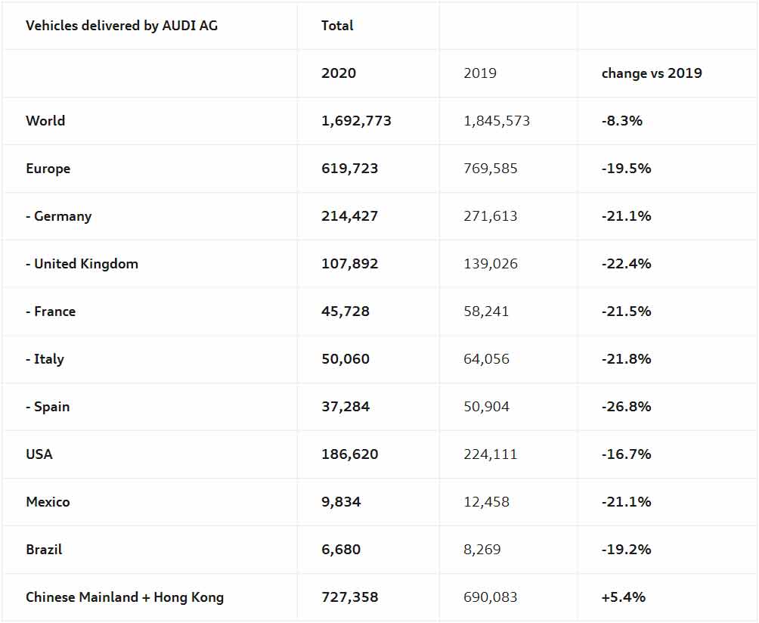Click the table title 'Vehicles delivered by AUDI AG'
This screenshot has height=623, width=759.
point(122,26)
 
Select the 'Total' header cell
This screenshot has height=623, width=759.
point(337,26)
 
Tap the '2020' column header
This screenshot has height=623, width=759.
point(339,73)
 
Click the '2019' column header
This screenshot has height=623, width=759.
point(480,73)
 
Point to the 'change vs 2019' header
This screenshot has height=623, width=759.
point(652,73)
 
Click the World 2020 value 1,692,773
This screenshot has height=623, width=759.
point(356,121)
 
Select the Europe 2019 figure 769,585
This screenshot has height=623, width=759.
point(491,169)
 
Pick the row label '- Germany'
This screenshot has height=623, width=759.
point(58,216)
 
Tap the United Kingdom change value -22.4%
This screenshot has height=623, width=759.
point(626,264)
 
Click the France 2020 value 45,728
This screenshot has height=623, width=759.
point(345,311)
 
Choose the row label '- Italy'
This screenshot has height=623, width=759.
point(45,359)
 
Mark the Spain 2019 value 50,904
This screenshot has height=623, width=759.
point(486,407)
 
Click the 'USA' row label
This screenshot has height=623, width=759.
point(39,454)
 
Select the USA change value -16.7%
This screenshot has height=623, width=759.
point(626,454)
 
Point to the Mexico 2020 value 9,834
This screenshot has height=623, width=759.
point(341,502)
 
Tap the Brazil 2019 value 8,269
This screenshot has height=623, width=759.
point(482,550)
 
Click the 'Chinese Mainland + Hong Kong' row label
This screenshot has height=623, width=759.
point(125,597)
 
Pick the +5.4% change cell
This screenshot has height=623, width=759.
point(624,597)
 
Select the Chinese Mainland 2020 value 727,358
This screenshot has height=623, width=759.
point(349,597)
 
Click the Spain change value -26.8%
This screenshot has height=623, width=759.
point(626,407)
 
